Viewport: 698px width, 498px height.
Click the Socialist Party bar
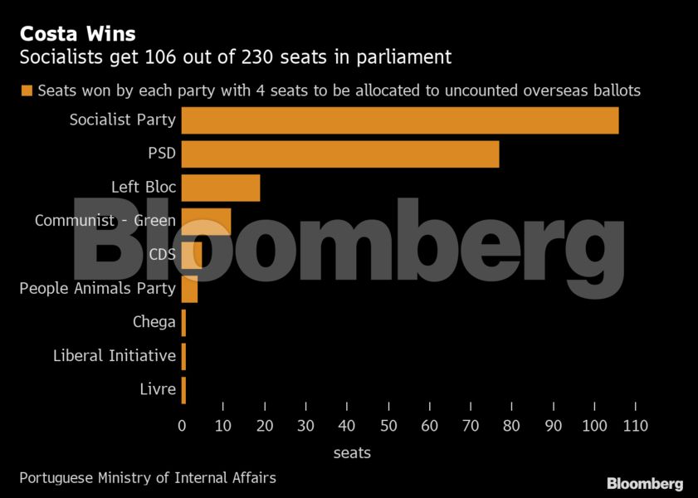coord(399,120)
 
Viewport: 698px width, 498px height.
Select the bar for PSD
coord(340,154)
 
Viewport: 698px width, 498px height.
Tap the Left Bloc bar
coord(221,188)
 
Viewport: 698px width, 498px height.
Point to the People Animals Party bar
coord(190,289)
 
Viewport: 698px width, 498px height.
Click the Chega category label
coord(154,322)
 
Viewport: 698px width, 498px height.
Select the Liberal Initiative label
coord(115,355)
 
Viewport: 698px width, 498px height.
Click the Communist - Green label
coord(105,221)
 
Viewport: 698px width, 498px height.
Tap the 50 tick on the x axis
coord(388,426)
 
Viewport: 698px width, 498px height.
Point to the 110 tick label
coord(635,426)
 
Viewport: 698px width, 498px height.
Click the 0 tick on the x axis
coord(183,426)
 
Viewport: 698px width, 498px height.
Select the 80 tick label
coord(512,426)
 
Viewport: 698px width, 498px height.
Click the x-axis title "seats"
coord(352,453)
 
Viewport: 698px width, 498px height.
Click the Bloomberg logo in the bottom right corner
coord(645,483)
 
